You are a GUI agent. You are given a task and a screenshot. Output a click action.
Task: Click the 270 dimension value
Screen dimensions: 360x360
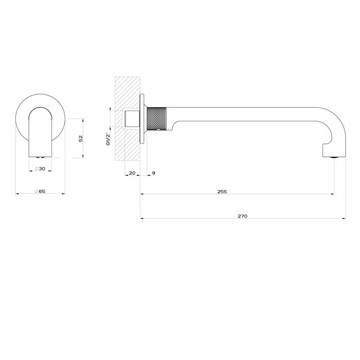click(x=243, y=216)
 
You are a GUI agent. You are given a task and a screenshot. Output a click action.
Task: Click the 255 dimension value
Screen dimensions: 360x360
click(x=222, y=191)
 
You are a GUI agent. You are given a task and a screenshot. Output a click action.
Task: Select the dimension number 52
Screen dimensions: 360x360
click(x=81, y=138)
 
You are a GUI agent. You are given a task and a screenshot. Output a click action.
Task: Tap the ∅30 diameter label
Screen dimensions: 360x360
click(x=41, y=168)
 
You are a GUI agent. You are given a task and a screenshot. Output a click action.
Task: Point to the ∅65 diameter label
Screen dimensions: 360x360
click(x=40, y=191)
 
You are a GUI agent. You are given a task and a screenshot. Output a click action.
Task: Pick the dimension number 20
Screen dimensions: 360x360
click(x=132, y=173)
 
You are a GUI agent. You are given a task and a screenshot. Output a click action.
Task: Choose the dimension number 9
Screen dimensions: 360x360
click(x=154, y=173)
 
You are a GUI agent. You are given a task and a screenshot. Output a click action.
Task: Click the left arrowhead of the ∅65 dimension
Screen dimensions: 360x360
click(x=18, y=194)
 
